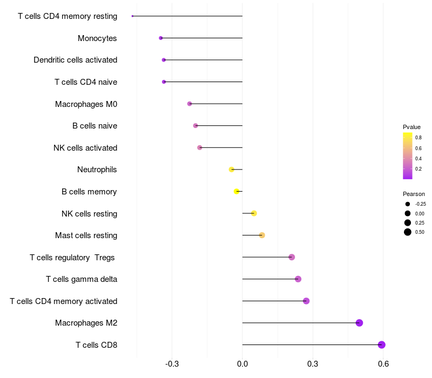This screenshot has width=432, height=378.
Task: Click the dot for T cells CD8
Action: click(x=382, y=345)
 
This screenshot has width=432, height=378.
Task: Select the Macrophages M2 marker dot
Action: click(x=359, y=323)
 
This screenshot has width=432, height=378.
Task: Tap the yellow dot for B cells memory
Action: click(x=237, y=191)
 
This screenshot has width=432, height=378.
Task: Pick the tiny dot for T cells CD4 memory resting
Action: click(x=132, y=16)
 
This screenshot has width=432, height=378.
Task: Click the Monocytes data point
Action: click(x=161, y=38)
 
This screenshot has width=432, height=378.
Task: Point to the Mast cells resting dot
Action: click(x=262, y=235)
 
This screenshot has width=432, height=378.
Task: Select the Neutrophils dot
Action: click(x=232, y=170)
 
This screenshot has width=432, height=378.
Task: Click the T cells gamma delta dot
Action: click(x=298, y=279)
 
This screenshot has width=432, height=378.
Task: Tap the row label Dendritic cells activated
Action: click(x=76, y=60)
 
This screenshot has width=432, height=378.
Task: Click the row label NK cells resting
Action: click(x=90, y=214)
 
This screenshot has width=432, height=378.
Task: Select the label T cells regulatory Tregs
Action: click(x=72, y=258)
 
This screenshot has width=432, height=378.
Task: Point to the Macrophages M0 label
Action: click(x=86, y=104)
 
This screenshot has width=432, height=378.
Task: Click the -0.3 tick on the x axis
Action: click(x=172, y=364)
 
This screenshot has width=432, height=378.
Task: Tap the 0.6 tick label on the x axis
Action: click(x=383, y=364)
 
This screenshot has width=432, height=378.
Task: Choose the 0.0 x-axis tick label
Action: click(x=242, y=364)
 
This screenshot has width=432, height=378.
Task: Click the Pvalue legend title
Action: click(x=411, y=127)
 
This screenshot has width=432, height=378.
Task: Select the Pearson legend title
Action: click(x=414, y=194)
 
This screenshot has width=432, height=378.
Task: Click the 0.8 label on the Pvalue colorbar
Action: click(x=418, y=138)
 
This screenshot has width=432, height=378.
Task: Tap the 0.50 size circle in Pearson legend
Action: click(x=408, y=232)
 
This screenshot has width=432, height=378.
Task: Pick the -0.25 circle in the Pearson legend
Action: click(x=408, y=204)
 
